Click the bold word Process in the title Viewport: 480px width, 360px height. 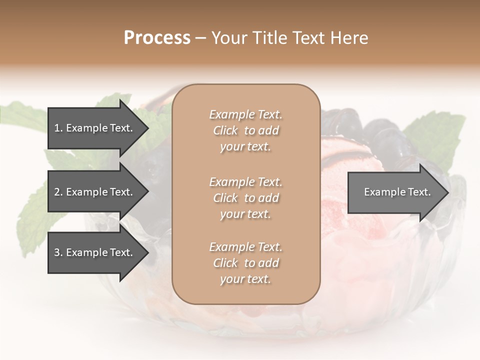point(157,37)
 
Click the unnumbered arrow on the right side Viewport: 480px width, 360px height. point(395,192)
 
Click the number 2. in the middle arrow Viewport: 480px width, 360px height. point(58,192)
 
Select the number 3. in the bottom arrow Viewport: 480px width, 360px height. point(58,252)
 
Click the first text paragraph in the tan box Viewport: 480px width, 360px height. point(245,130)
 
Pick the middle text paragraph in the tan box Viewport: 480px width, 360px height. point(245,198)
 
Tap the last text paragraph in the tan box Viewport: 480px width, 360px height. point(245,263)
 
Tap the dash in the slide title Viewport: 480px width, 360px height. point(200,38)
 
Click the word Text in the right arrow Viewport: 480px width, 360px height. point(419,192)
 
